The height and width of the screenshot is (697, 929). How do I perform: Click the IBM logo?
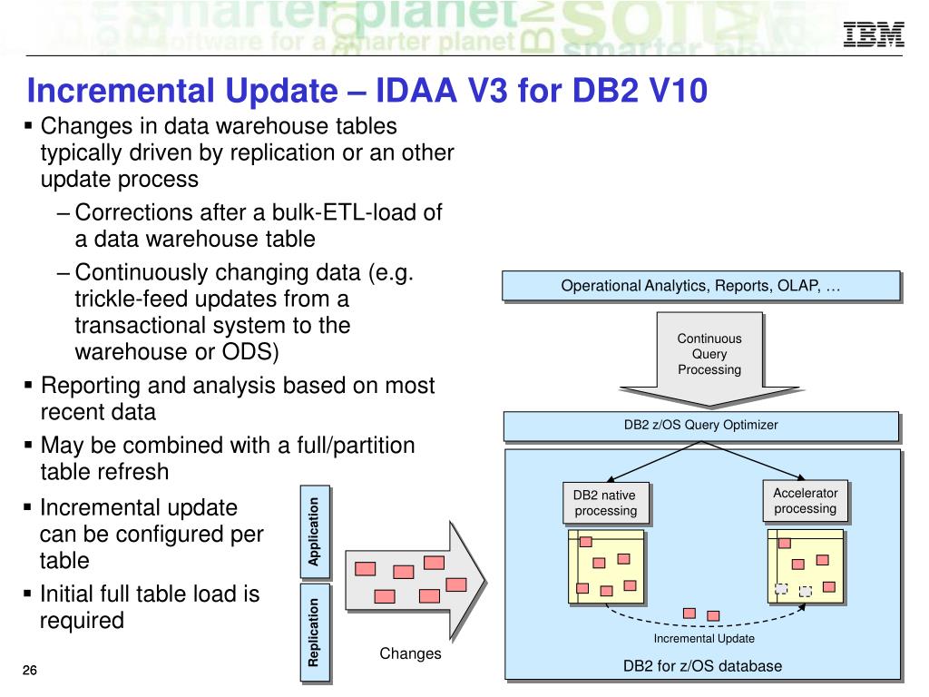874,34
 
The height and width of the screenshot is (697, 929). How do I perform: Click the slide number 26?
30,671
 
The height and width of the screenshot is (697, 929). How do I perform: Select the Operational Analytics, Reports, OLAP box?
700,286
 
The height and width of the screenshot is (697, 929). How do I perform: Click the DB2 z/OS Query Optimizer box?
700,425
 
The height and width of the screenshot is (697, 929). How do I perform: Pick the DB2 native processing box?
605,503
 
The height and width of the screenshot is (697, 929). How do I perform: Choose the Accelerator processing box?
805,501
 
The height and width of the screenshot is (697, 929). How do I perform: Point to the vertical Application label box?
314,532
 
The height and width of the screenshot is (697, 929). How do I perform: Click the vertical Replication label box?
314,632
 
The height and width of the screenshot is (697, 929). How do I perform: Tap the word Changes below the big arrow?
410,653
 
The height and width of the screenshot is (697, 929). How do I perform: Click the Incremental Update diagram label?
704,639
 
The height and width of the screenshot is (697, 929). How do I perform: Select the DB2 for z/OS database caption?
702,666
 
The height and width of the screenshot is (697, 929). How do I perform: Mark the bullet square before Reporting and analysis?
28,386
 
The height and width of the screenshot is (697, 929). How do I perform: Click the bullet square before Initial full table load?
28,594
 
